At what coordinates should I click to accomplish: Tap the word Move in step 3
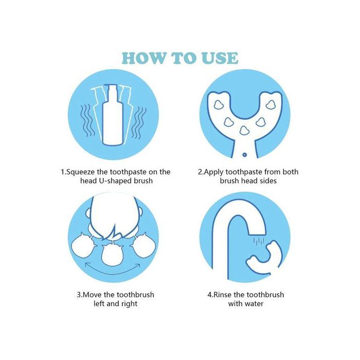click(93, 295)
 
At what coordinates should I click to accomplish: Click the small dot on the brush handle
click(244, 155)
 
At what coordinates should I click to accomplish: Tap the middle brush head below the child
click(112, 255)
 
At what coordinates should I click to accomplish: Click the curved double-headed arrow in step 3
click(113, 272)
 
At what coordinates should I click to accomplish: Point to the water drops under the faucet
click(259, 242)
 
